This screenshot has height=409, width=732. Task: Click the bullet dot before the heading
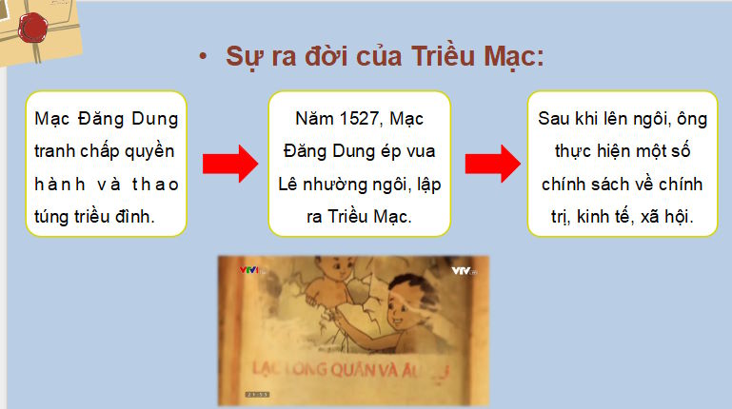tap(202, 56)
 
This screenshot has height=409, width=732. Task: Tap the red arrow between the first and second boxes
tap(230, 163)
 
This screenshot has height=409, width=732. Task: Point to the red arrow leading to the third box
tap(491, 163)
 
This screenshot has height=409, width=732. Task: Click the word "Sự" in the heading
tap(241, 56)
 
